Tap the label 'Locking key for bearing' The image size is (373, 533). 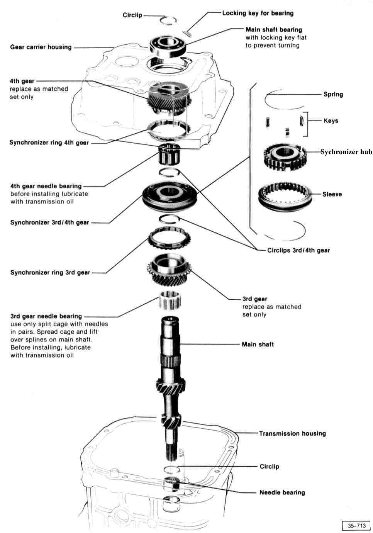[258, 13]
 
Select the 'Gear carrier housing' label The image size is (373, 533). [41, 47]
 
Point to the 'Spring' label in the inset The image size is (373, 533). [333, 94]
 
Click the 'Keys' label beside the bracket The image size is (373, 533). [331, 121]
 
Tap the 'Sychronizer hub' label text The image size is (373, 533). [346, 152]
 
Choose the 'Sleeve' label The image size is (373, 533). [332, 194]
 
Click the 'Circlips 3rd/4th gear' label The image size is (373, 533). [298, 250]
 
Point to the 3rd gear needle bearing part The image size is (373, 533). [170, 300]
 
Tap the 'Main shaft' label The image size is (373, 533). [258, 344]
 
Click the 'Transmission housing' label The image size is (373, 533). [292, 433]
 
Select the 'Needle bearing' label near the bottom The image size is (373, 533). [282, 492]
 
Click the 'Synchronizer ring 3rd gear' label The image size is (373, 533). [50, 272]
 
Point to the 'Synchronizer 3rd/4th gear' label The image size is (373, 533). [50, 222]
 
